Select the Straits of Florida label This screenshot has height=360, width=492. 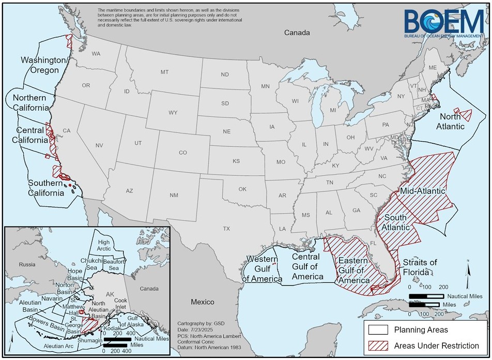click(420, 267)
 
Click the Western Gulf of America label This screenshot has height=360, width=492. click(264, 269)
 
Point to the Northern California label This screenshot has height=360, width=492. click(29, 102)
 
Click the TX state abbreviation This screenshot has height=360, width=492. click(226, 228)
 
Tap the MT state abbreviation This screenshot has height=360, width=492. click(164, 72)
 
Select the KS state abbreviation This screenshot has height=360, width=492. click(236, 161)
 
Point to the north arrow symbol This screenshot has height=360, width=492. click(468, 270)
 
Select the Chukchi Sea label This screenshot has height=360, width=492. click(91, 264)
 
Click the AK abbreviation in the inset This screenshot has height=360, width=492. click(110, 294)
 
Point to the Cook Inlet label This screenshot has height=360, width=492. click(120, 304)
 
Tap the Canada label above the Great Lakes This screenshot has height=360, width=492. click(297, 33)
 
